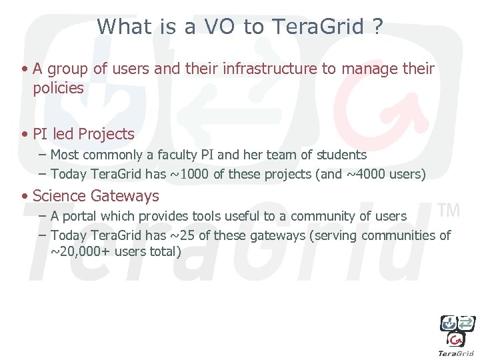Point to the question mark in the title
pos(378,27)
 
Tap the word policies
pos(58,88)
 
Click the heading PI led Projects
pos(83,134)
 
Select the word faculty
pos(178,155)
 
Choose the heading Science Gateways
pos(95,196)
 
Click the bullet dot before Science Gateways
pos(24,197)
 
